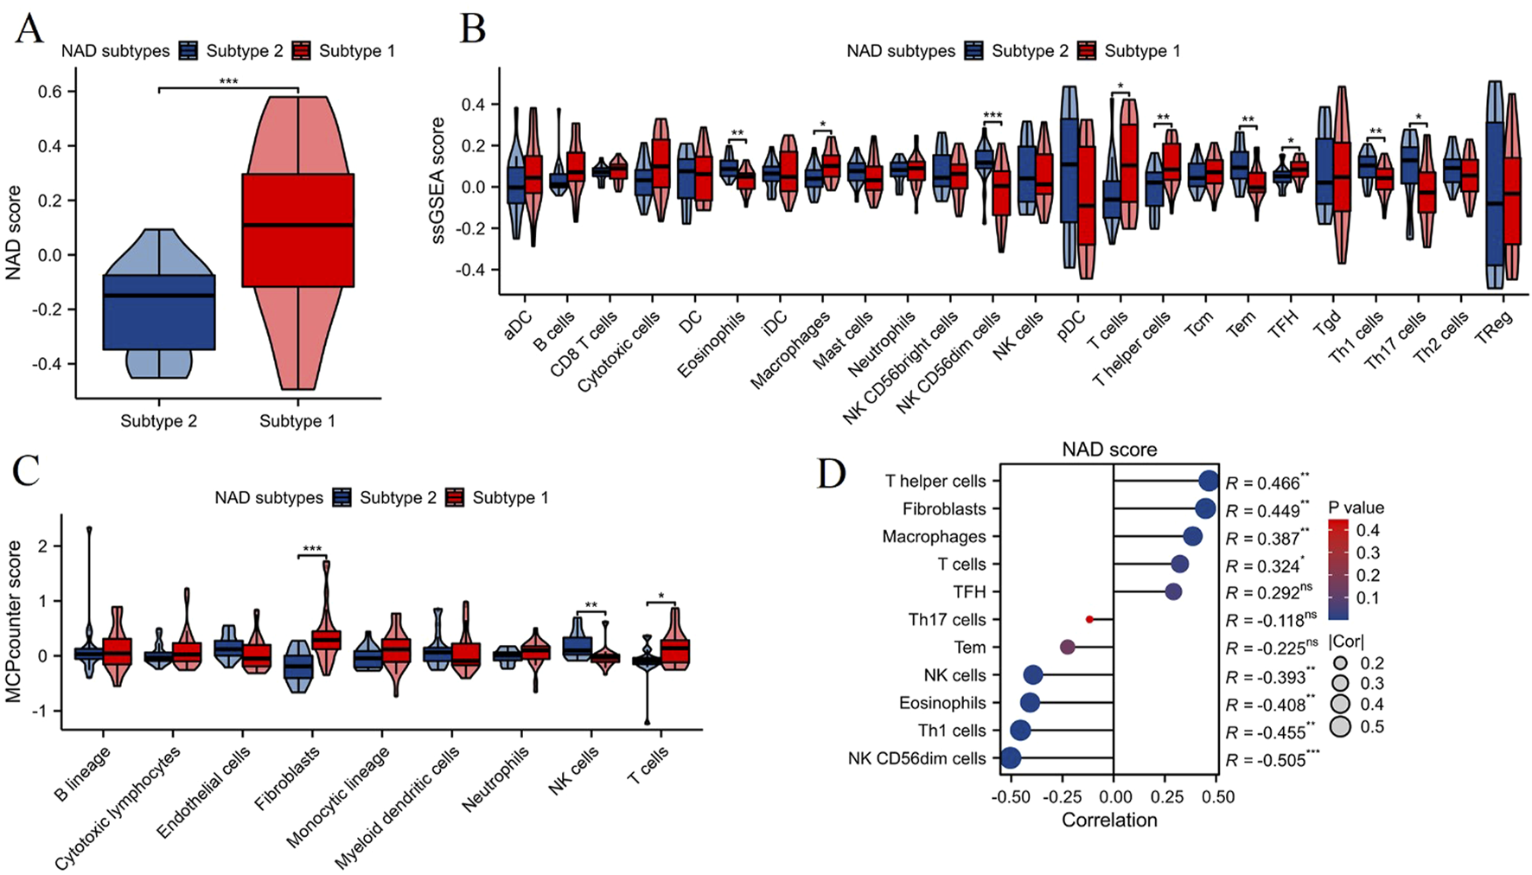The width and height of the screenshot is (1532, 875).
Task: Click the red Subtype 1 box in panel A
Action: pos(297,229)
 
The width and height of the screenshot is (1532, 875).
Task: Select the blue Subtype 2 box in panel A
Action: pos(158,311)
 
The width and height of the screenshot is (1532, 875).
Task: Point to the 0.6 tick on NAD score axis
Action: pos(49,92)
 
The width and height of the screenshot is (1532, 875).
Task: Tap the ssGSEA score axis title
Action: pos(438,180)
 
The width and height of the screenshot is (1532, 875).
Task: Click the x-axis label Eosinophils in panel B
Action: pos(711,345)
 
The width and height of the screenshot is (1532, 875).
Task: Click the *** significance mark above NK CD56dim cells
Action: pos(992,116)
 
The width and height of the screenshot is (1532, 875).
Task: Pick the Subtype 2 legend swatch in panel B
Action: pos(974,51)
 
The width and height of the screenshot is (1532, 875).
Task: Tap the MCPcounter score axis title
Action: pos(14,621)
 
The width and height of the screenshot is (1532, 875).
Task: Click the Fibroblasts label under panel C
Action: pos(287,779)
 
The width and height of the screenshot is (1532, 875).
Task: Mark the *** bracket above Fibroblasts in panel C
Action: pos(312,550)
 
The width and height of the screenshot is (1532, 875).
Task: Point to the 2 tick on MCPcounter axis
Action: pos(43,546)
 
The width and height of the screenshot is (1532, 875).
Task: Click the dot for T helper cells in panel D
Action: pos(1209,482)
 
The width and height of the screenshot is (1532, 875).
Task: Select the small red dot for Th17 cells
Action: pos(1089,620)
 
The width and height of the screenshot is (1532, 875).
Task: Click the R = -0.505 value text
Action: pos(1271,760)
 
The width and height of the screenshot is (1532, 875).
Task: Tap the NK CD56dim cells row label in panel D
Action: pos(916,758)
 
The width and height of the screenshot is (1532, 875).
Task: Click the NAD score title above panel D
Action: pos(1109,450)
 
